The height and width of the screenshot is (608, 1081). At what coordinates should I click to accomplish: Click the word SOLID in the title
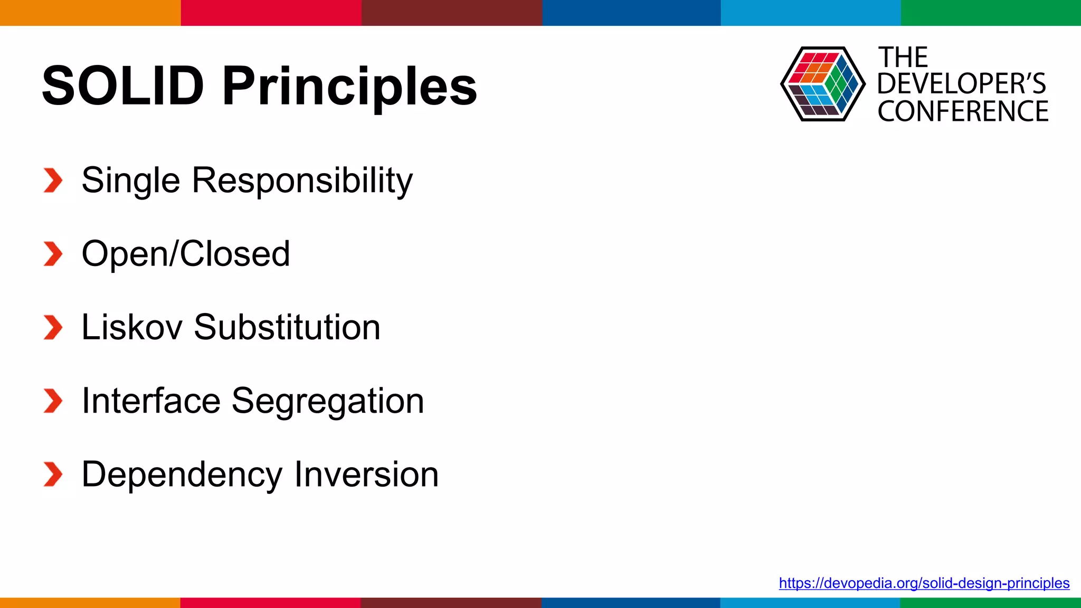point(122,86)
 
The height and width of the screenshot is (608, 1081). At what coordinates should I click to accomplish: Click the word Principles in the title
point(349,86)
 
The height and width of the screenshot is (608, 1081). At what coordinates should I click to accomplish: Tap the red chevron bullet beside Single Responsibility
point(53,180)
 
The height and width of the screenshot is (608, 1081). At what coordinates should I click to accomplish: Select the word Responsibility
point(302,180)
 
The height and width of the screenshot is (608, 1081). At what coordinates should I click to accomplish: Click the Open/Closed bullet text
point(186,254)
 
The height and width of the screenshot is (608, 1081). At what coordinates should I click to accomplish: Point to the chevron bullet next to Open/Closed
point(53,254)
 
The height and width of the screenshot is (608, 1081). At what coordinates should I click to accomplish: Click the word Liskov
point(132,327)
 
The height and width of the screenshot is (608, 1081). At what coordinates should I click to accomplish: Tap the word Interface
point(151,401)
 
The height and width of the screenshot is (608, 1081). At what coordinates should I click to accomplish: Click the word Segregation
point(328,401)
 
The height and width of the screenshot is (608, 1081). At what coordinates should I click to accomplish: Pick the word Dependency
point(182,474)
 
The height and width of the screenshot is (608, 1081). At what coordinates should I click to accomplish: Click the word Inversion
point(366,474)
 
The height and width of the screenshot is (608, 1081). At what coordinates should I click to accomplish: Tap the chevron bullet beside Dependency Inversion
point(53,474)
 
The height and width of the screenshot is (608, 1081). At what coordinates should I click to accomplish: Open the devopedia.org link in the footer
point(924,583)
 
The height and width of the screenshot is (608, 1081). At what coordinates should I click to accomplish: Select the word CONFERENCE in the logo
point(963,111)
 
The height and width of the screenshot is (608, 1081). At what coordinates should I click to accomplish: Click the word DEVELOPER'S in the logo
point(961,84)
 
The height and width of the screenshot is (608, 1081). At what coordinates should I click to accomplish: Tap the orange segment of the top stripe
point(90,13)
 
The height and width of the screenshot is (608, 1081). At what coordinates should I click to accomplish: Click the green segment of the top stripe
point(991,13)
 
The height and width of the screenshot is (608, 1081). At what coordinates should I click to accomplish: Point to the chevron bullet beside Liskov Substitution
point(53,327)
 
